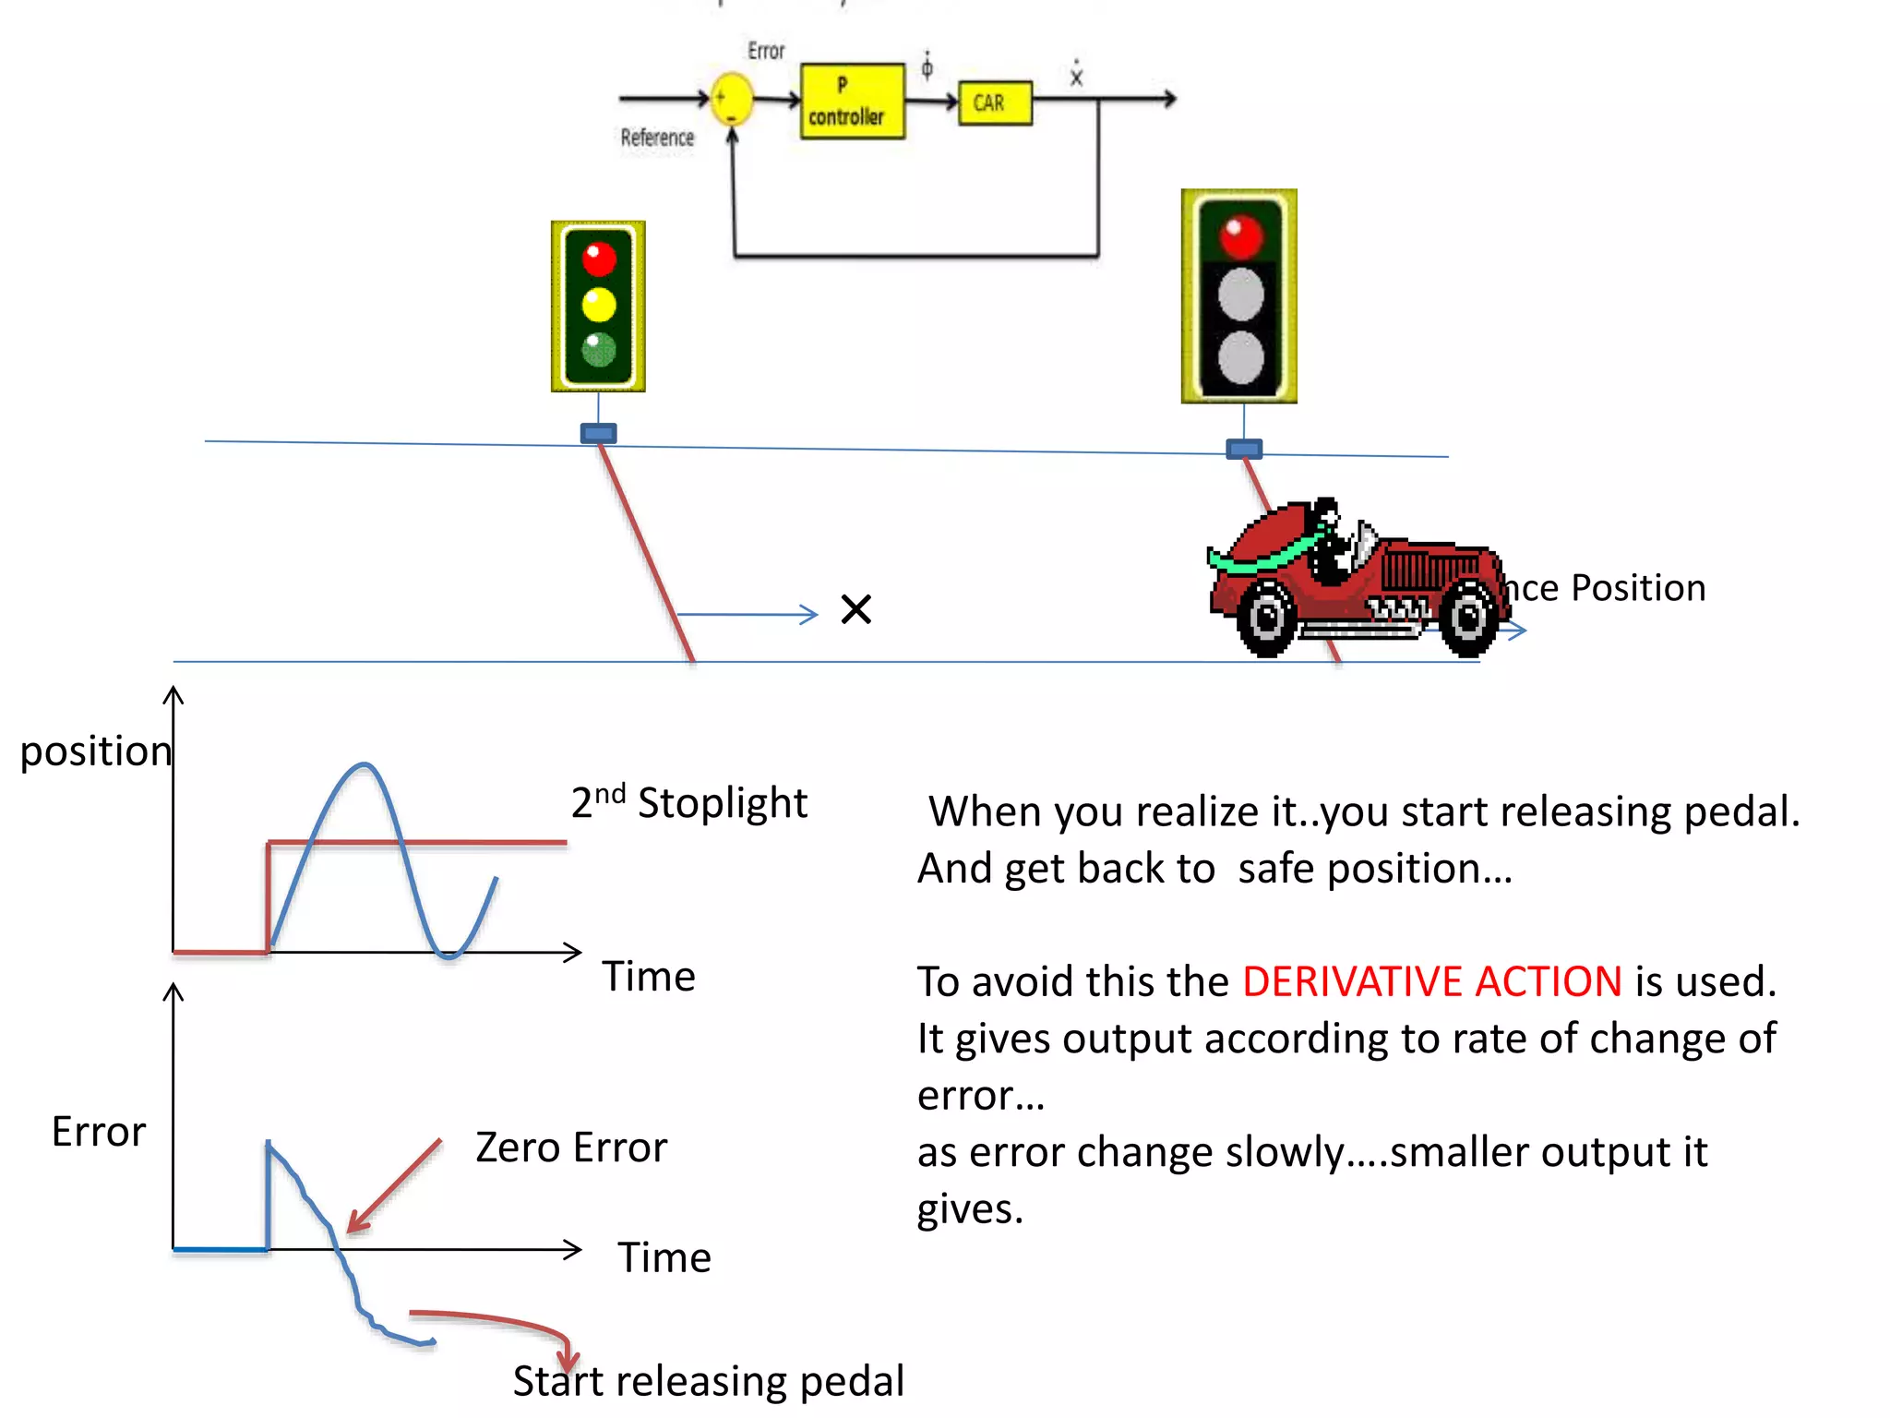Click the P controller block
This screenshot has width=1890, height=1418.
(852, 102)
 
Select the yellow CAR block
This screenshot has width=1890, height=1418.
(995, 102)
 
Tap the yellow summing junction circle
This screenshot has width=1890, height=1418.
(732, 99)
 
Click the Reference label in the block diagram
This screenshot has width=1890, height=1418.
(657, 138)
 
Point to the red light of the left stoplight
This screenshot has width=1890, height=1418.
(599, 259)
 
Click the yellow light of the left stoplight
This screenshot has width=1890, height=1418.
(599, 304)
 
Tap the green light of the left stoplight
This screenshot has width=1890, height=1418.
(599, 349)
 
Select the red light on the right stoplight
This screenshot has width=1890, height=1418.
(1240, 236)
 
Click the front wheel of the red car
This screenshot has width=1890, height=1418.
(1468, 618)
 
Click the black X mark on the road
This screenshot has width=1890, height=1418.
(856, 609)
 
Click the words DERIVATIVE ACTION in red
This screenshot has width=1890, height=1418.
(1431, 981)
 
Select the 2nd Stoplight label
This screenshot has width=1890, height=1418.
(689, 802)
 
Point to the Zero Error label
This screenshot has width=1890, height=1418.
(571, 1148)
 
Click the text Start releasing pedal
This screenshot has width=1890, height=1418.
(708, 1381)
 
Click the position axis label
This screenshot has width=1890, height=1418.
(96, 751)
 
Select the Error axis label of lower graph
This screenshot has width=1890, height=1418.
(99, 1132)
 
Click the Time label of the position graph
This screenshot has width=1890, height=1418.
(649, 977)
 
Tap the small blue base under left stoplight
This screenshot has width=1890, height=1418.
(598, 433)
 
